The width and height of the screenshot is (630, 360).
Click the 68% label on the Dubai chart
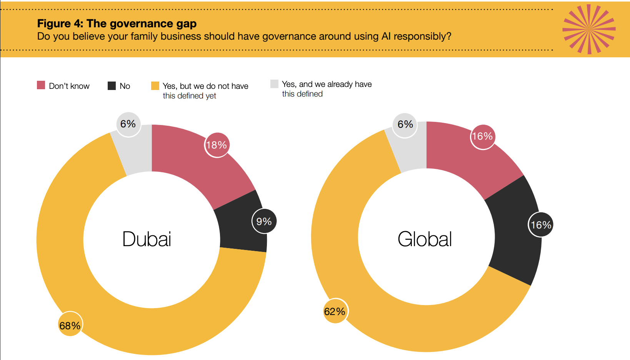(70, 326)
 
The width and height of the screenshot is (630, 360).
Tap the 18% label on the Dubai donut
(217, 145)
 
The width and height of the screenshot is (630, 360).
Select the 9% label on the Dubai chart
(264, 221)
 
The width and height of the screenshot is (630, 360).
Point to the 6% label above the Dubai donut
(128, 124)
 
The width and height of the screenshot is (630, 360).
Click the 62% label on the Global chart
(335, 311)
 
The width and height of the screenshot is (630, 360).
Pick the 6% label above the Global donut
(405, 124)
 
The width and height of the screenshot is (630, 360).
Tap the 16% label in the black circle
(541, 225)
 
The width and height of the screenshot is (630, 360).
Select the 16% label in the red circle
(483, 136)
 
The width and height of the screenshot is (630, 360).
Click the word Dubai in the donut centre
(147, 239)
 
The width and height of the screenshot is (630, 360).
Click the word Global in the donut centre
(425, 239)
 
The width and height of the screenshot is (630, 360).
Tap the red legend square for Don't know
(41, 85)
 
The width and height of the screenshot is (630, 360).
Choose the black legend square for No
(112, 85)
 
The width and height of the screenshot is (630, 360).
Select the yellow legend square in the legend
(155, 86)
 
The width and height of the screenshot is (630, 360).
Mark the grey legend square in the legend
(274, 84)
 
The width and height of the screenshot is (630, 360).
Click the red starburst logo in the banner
(589, 29)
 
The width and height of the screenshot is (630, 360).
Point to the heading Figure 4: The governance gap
(117, 23)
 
